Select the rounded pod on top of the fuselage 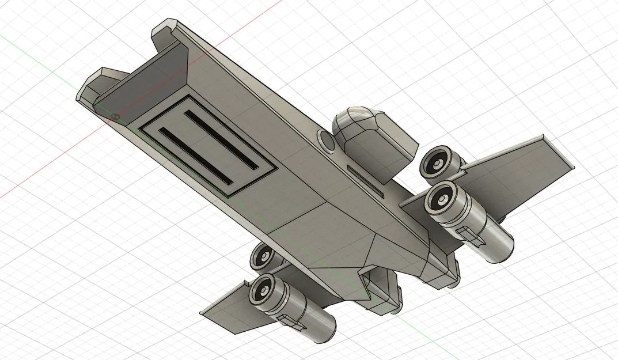[x=373, y=138]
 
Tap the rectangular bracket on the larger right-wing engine [x=470, y=233]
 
